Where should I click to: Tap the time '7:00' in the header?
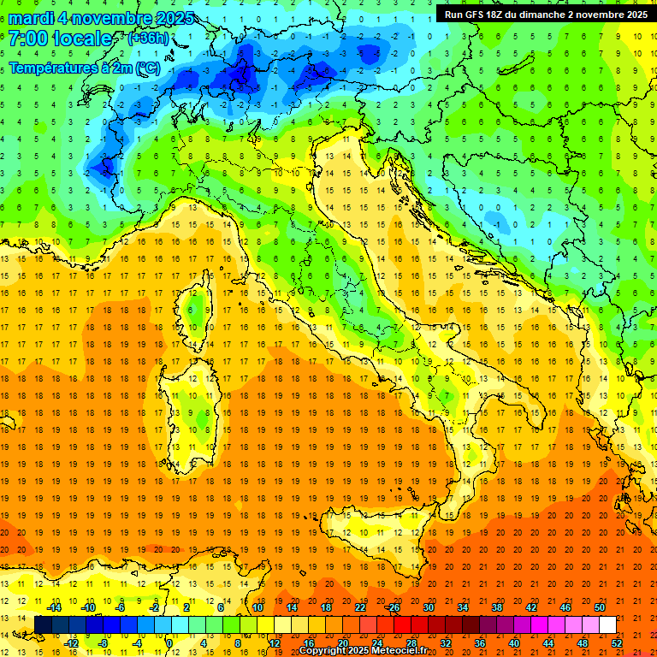pos(29,39)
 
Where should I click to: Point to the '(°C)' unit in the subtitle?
pos(147,68)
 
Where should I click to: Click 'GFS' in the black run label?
pos(479,15)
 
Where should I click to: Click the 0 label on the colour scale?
pos(169,643)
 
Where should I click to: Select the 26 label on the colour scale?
pos(393,607)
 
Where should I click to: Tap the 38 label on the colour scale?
pos(496,607)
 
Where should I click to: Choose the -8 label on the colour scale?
pos(104,643)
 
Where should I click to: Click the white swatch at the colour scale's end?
pos(607,624)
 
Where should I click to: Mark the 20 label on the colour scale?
pos(343,643)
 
